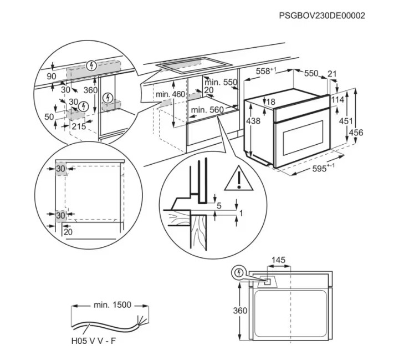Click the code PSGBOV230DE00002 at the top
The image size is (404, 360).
point(322,16)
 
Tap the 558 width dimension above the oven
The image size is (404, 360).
point(266,71)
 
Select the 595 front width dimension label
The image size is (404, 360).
point(323,168)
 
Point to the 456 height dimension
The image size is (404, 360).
point(356,133)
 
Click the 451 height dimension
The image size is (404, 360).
point(345,120)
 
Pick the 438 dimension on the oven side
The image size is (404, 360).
point(253,120)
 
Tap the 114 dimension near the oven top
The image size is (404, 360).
point(337,99)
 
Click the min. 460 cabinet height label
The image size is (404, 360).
point(170,94)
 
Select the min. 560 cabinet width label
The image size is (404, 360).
point(207,110)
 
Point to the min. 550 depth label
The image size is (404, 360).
point(221,82)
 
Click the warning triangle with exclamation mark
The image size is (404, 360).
point(239,179)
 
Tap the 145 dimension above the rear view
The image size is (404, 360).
point(279,260)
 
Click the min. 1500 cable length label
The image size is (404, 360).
point(112,305)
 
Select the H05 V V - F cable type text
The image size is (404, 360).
point(94,341)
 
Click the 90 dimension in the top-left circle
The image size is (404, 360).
point(52,77)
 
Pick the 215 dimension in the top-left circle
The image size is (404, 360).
point(79,126)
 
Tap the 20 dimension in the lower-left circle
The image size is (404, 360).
point(68,232)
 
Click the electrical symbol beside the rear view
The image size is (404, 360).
point(239,272)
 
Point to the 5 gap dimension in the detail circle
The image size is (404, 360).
point(219,206)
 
